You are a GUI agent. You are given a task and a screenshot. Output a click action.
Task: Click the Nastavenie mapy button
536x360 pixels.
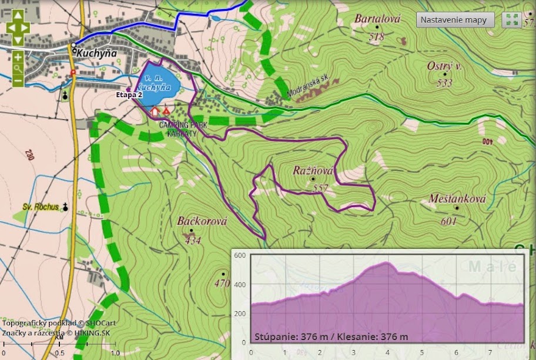(454, 19)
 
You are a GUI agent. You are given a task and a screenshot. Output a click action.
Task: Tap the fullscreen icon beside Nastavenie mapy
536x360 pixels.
(511, 19)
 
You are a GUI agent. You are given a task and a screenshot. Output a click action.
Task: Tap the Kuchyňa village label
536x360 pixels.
(95, 53)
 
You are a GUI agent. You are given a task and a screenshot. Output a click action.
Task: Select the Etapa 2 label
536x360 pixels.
(129, 94)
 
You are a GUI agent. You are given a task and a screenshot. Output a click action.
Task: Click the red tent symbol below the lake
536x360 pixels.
(167, 111)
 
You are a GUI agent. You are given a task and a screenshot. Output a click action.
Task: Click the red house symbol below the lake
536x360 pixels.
(155, 111)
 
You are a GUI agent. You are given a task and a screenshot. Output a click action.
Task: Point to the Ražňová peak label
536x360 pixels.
(313, 171)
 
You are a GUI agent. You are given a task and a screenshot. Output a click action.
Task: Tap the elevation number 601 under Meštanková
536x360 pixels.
(448, 221)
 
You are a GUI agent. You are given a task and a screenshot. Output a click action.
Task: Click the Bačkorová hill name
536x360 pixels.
(202, 222)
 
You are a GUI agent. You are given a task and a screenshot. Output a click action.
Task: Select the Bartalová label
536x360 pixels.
(377, 19)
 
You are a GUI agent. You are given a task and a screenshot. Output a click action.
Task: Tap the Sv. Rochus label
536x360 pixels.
(40, 207)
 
